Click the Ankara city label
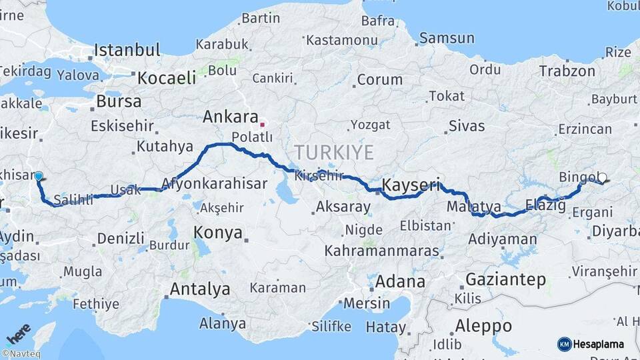[x=230, y=117]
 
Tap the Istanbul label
[x=127, y=50]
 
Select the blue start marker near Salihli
[x=39, y=177]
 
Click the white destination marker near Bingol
[x=602, y=177]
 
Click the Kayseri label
[x=411, y=184]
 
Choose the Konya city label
[x=217, y=233]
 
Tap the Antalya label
[x=200, y=289]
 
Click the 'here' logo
[x=18, y=332]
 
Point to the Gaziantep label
[x=506, y=279]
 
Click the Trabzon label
[x=567, y=71]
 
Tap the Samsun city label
[x=446, y=38]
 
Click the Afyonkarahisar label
[x=214, y=183]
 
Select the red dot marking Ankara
[x=263, y=124]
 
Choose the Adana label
[x=399, y=281]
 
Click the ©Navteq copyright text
[x=21, y=354]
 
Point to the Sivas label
[x=467, y=125]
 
